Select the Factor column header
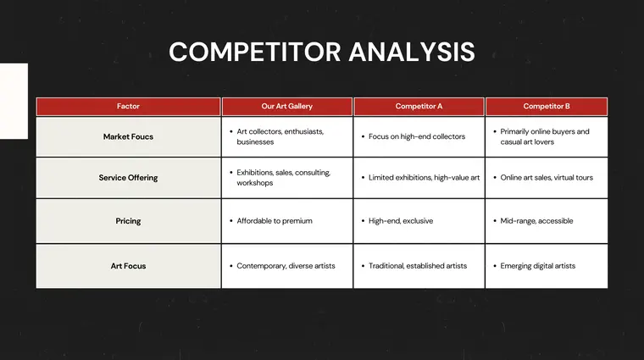tap(128, 107)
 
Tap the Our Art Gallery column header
tap(287, 107)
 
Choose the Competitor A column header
tap(419, 107)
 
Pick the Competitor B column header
tap(547, 107)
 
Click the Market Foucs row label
tap(128, 136)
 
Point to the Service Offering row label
tap(128, 178)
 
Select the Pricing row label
tap(128, 221)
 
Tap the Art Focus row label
tap(128, 266)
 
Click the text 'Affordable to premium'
tap(275, 221)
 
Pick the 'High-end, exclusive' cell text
tap(401, 221)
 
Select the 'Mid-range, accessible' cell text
tap(536, 221)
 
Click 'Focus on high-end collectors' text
tap(417, 136)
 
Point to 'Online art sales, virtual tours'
tap(547, 178)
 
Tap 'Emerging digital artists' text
tap(538, 266)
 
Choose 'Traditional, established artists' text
tap(418, 266)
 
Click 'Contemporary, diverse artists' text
tap(286, 266)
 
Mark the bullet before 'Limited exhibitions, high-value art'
tap(363, 178)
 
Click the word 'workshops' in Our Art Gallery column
tap(255, 183)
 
